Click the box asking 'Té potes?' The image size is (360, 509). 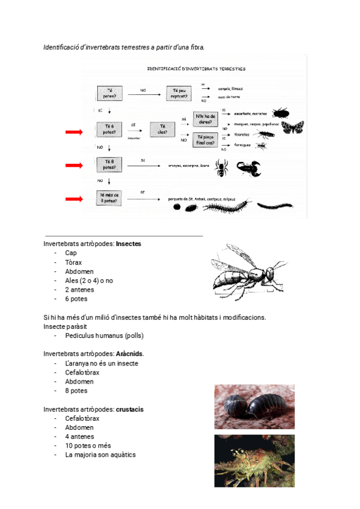pyautogui.click(x=110, y=93)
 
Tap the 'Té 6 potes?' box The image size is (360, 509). pyautogui.click(x=110, y=129)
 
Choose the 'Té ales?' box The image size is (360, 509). pyautogui.click(x=162, y=129)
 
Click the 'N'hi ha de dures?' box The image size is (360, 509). pyautogui.click(x=205, y=119)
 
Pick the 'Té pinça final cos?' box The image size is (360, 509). pyautogui.click(x=205, y=140)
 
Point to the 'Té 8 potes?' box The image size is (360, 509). pyautogui.click(x=110, y=164)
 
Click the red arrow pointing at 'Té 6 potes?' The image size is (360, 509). pyautogui.click(x=75, y=131)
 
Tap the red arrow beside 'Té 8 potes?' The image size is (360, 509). pyautogui.click(x=75, y=165)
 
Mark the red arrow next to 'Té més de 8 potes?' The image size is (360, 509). pyautogui.click(x=75, y=199)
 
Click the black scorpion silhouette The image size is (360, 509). pyautogui.click(x=248, y=168)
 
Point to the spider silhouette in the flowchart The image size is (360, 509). pyautogui.click(x=222, y=168)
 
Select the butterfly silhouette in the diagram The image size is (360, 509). pyautogui.click(x=294, y=127)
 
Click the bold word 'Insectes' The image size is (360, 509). pyautogui.click(x=129, y=244)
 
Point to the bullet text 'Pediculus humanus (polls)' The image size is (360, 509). pyautogui.click(x=104, y=336)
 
